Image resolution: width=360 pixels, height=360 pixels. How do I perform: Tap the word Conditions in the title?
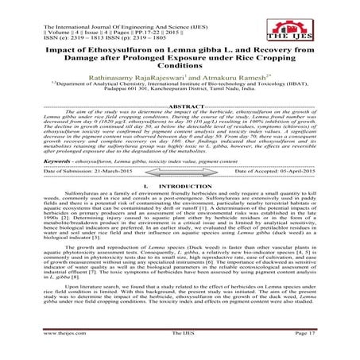(x=179, y=68)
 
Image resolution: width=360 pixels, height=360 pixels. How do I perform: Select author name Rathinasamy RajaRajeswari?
(x=146, y=80)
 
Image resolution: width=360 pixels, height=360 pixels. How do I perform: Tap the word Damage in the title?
(x=68, y=59)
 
